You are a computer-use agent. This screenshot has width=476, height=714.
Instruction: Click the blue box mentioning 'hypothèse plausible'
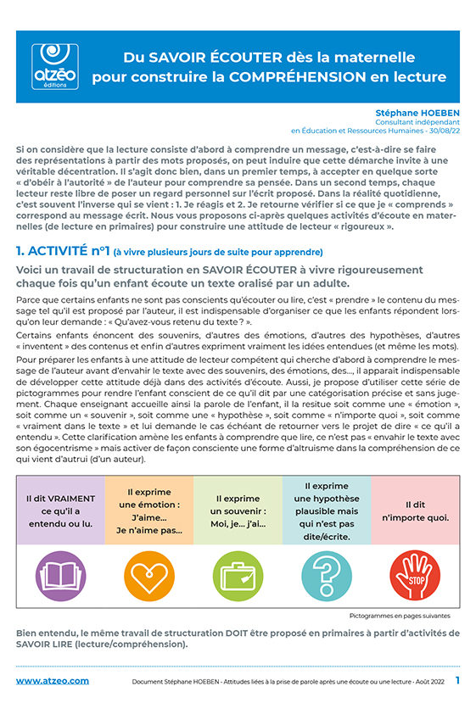pos(327,510)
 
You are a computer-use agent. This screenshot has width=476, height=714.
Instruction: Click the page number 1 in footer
pos(457,680)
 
